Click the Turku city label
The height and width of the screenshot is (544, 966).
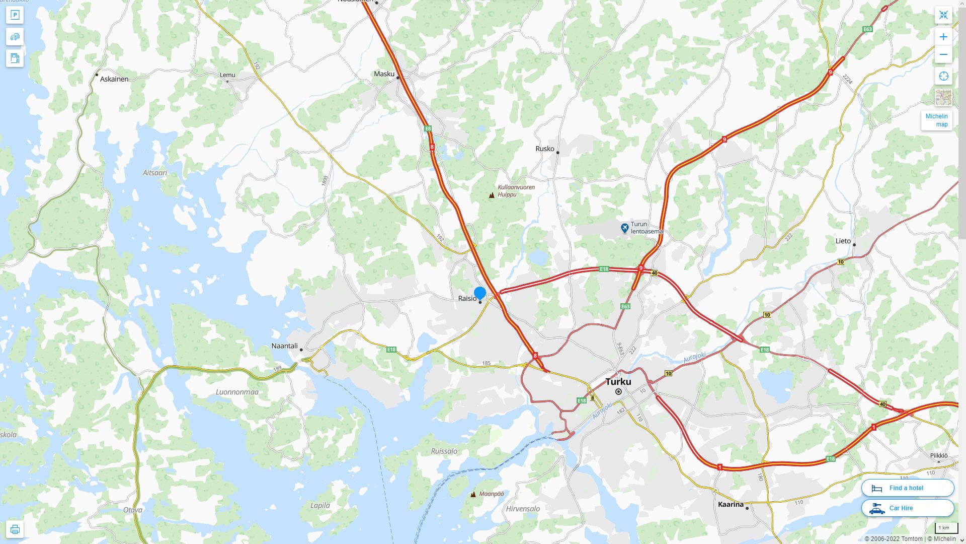618,381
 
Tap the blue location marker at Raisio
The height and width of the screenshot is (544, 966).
480,293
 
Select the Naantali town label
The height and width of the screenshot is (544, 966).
284,346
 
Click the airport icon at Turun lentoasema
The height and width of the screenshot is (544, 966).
624,228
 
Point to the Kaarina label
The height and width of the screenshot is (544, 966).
731,504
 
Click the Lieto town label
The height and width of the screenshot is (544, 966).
843,241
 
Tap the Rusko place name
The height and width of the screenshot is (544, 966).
544,149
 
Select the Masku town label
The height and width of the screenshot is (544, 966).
384,74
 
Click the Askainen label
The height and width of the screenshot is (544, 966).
114,79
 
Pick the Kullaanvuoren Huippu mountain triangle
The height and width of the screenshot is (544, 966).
492,195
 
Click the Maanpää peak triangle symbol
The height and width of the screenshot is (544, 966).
473,494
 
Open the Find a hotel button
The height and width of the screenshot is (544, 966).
907,488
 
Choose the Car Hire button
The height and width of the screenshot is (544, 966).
907,508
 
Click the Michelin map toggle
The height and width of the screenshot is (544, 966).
936,120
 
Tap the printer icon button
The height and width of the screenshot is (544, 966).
15,529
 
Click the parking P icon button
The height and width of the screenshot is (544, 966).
15,15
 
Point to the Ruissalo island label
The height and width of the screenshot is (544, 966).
444,451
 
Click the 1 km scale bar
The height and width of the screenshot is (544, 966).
946,528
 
